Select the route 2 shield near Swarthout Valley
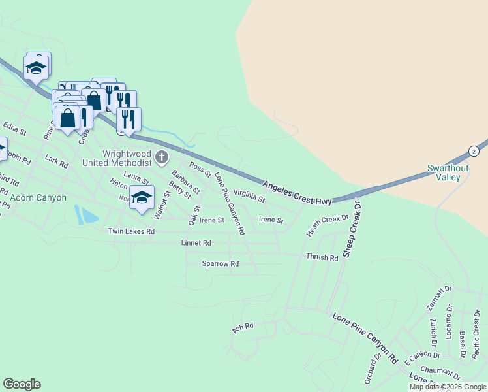tap(473, 151)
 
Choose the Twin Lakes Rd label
tap(131, 231)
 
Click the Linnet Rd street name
tap(196, 243)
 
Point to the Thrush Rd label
tap(322, 257)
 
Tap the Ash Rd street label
tap(242, 328)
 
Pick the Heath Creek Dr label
tap(328, 224)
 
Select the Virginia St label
tap(249, 195)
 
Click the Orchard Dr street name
tap(373, 369)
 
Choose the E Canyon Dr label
tap(422, 357)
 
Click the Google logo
tap(22, 384)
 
